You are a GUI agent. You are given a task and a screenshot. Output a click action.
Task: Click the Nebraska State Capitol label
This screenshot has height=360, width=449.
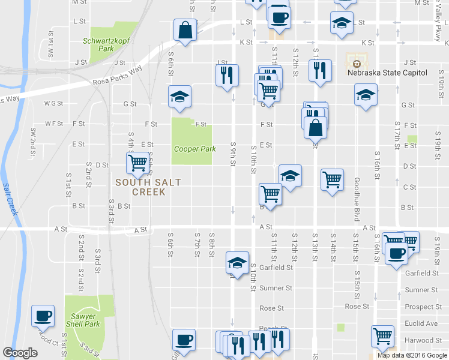pos(387,73)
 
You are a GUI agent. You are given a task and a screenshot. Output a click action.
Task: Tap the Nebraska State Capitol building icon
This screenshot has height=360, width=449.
pos(357,62)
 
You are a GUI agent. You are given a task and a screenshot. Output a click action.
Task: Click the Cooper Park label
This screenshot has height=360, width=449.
pos(194,149)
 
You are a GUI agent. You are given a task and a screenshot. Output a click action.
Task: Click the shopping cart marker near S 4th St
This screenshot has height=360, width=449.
pos(138,162)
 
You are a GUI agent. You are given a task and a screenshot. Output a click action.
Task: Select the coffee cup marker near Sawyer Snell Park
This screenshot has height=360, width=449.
pos(43,316)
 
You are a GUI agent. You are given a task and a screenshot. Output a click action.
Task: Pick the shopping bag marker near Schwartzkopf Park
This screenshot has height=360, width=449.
pos(185,30)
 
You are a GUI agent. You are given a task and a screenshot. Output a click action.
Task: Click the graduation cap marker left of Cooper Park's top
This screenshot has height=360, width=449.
pos(179,97)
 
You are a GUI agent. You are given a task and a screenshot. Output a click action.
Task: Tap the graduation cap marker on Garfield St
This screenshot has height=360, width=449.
pos(237,263)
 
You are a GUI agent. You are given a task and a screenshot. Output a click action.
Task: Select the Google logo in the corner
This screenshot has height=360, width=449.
pos(20,353)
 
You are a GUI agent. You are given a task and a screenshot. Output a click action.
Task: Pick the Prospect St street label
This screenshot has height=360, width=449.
pos(423,307)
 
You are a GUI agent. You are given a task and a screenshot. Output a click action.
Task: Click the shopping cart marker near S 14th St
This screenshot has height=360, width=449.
pos(333,179)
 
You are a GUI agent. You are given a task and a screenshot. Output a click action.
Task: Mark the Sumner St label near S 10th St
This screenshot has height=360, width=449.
pos(276,289)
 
